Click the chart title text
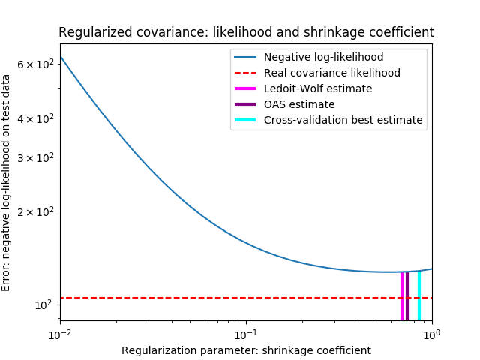[246, 32]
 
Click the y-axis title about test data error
[7, 182]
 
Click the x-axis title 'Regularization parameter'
[246, 350]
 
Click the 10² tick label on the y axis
[43, 304]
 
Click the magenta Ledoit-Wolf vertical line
[402, 296]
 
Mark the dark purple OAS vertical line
[407, 296]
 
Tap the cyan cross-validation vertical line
[419, 296]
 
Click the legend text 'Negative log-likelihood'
[323, 58]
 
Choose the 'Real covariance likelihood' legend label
[331, 73]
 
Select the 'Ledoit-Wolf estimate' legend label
[317, 88]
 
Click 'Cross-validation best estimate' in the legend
[343, 120]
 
